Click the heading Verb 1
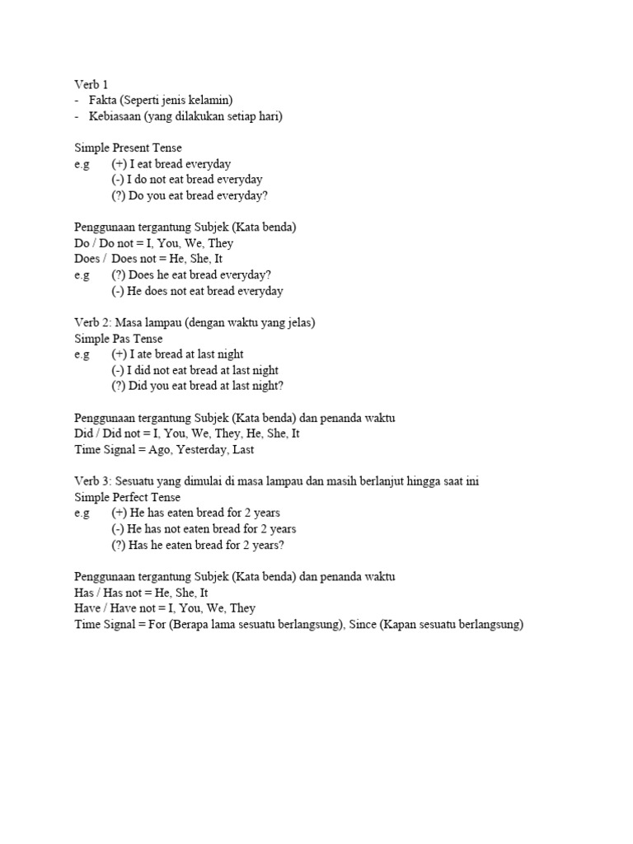91,85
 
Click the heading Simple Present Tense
128,148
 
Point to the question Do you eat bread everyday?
190,195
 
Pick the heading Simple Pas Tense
119,339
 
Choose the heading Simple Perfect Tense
128,497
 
